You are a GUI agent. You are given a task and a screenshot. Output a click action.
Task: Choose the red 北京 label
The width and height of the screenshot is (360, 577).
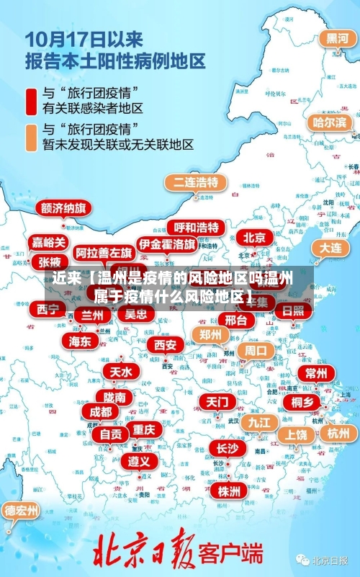tap(254, 237)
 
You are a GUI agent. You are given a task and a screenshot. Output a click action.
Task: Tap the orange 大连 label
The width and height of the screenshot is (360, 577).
tap(331, 247)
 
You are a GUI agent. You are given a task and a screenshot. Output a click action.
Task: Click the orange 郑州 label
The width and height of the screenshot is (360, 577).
tap(210, 334)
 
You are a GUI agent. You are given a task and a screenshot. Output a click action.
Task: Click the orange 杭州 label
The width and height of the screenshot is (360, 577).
tap(338, 433)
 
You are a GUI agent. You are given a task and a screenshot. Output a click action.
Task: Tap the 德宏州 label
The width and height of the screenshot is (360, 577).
tap(22, 510)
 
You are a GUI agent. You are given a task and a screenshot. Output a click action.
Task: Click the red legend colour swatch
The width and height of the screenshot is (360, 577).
tap(30, 101)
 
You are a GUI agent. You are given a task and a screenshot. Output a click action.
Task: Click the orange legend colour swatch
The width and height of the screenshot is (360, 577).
tap(30, 137)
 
